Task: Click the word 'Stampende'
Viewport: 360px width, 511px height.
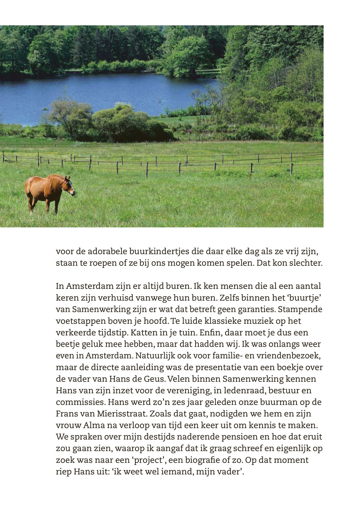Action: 303,310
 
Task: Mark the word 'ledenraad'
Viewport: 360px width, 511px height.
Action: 244,391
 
